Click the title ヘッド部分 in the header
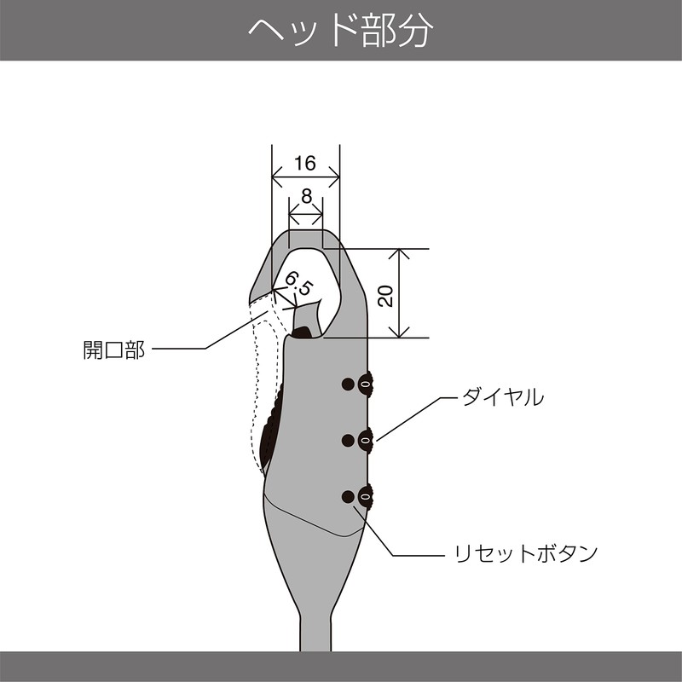(x=341, y=31)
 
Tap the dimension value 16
(x=305, y=163)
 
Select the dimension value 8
(x=306, y=195)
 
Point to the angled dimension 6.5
(x=298, y=285)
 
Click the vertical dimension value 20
(x=385, y=295)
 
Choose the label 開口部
(x=113, y=350)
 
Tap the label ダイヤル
(x=502, y=397)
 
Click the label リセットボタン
(x=524, y=554)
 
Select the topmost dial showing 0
(x=366, y=384)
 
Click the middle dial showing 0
(x=366, y=439)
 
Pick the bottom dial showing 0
(x=366, y=495)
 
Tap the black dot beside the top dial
(x=347, y=384)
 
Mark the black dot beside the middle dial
(x=347, y=440)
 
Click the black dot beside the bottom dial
(x=347, y=496)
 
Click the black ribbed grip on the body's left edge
(x=271, y=426)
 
